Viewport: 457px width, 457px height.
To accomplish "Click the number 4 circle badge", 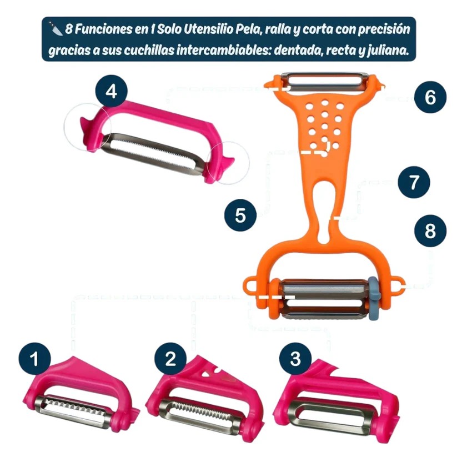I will coord(112,92).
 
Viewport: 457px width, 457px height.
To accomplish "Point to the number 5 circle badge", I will coord(240,215).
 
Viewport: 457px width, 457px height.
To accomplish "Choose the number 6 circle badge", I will coord(430,98).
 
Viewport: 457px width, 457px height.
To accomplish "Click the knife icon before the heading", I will coord(56,28).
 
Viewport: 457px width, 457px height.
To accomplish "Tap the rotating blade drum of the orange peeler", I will coord(322,300).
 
